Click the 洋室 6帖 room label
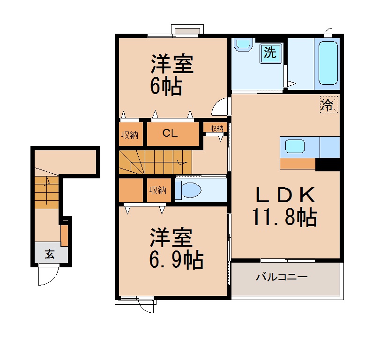point(171,74)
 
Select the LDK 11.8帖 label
point(284,206)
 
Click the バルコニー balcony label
point(282,277)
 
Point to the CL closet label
point(170,133)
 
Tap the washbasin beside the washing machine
point(243,45)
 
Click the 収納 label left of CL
point(130,135)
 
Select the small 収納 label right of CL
point(216,128)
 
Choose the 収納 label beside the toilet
point(158,190)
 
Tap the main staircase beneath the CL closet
point(155,162)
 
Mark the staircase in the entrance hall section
point(46,192)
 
